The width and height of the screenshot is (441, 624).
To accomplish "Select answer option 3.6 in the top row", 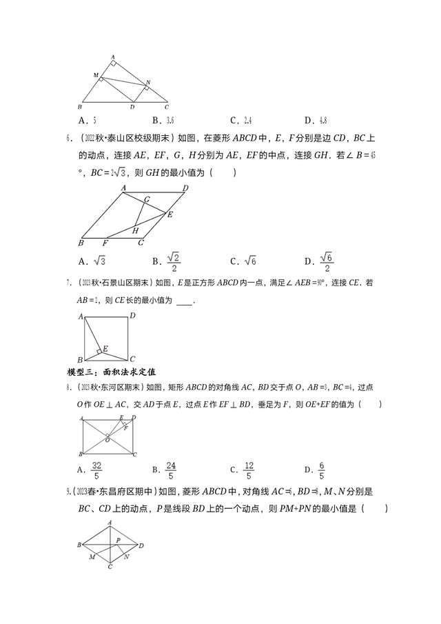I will (x=172, y=119).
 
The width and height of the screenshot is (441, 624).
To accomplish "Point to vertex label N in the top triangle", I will (x=147, y=82).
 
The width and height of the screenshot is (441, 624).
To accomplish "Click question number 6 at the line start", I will (x=70, y=138).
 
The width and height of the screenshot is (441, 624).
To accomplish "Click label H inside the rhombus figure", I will (x=136, y=230).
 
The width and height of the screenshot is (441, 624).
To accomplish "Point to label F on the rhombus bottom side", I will (x=105, y=243).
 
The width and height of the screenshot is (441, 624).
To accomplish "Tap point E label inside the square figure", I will (x=105, y=349).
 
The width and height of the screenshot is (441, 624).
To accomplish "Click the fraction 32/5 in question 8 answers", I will (x=96, y=470).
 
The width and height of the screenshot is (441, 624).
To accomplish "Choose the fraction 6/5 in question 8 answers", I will (x=321, y=470).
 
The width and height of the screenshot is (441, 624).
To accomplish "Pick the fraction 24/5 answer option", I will (x=171, y=470).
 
